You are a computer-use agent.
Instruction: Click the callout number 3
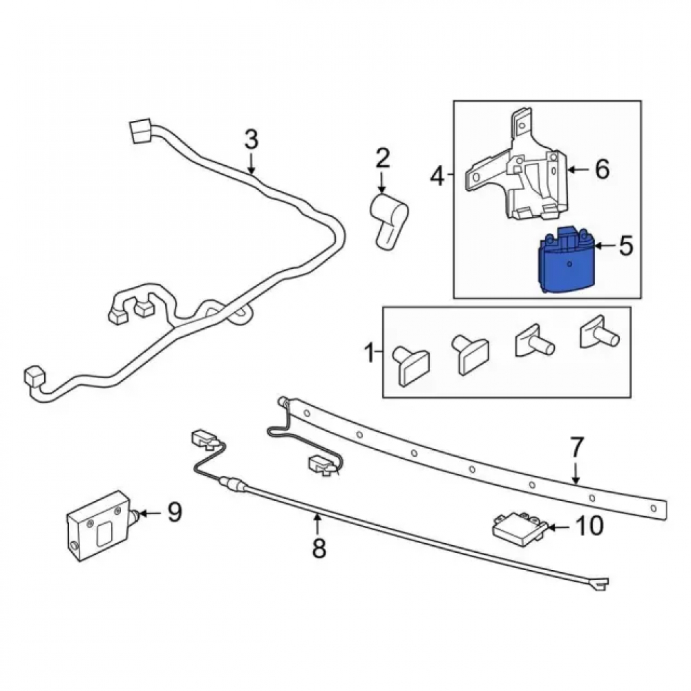click(252, 140)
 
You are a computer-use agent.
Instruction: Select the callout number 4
click(437, 176)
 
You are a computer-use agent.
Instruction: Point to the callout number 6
click(602, 169)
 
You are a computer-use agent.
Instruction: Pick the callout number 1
click(370, 353)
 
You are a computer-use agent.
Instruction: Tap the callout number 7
click(576, 447)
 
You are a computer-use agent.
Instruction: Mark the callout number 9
click(175, 512)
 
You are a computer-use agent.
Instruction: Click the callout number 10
click(589, 525)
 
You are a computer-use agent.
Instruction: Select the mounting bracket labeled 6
click(516, 170)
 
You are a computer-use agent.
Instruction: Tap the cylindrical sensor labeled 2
click(387, 220)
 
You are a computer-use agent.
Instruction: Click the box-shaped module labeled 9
click(100, 526)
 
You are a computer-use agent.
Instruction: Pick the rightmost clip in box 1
click(599, 333)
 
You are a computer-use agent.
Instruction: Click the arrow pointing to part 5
click(605, 245)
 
